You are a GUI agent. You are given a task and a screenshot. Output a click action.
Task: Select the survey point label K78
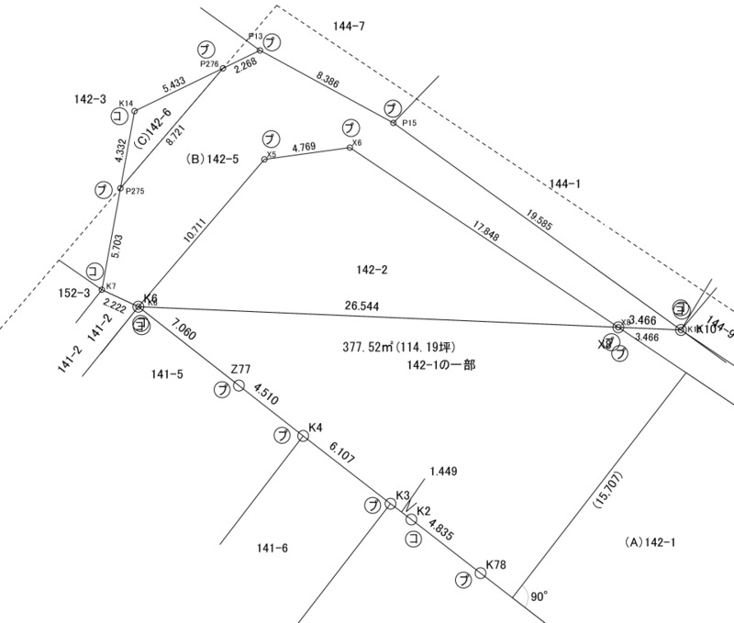click(x=497, y=563)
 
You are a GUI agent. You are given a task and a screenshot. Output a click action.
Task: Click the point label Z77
click(x=240, y=369)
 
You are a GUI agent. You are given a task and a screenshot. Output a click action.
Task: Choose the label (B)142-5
click(x=213, y=159)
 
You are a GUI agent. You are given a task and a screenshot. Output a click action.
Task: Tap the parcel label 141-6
click(x=273, y=549)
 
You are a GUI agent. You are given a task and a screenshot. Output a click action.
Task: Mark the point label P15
click(x=409, y=124)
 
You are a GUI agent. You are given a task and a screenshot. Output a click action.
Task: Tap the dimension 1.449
click(x=443, y=472)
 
